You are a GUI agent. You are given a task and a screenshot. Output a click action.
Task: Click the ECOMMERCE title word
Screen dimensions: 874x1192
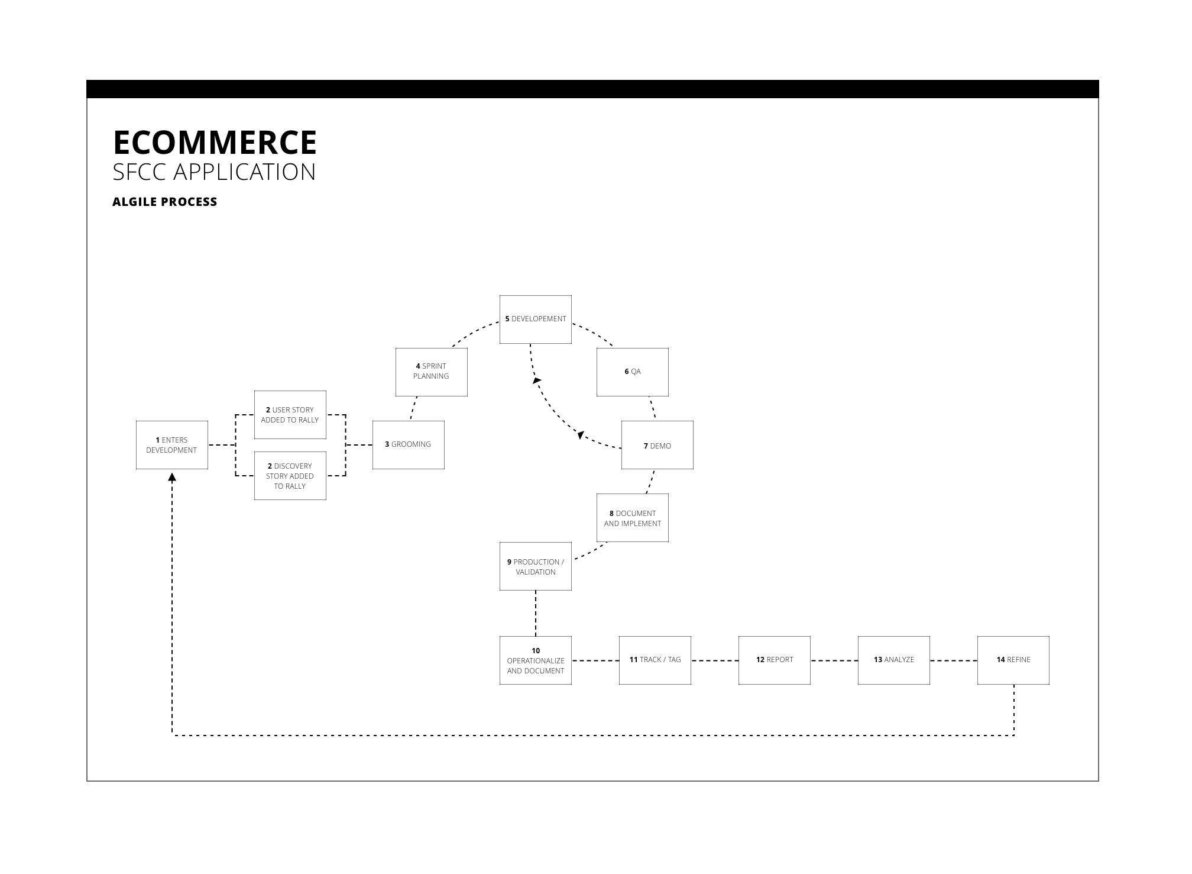[215, 143]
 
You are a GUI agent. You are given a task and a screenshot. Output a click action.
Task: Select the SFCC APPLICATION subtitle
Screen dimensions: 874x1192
[214, 172]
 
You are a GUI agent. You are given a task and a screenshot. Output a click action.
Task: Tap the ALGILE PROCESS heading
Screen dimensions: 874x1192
[165, 202]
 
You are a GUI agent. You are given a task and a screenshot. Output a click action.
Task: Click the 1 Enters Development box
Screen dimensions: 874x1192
[171, 445]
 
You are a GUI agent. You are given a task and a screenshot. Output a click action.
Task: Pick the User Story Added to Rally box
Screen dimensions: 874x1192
[290, 415]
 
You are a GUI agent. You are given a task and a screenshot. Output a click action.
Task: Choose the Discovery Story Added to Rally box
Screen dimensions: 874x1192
[290, 476]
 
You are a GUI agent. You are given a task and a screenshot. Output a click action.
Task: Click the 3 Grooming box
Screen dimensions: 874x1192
[408, 445]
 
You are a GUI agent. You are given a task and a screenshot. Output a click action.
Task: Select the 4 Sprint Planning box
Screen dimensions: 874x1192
[431, 372]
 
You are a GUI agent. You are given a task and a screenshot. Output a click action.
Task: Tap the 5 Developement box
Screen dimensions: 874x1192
[535, 319]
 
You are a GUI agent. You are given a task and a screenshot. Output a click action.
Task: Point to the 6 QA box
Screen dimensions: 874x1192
[632, 372]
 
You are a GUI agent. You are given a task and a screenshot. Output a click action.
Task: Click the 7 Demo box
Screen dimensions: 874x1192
[657, 446]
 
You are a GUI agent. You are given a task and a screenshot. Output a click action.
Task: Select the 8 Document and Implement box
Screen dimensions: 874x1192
[632, 518]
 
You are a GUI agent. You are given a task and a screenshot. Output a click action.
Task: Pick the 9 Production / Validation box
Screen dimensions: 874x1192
[535, 566]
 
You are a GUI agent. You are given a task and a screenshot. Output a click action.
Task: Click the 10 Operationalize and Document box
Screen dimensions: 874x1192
[535, 660]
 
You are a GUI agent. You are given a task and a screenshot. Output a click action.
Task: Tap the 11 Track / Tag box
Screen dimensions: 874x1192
[655, 660]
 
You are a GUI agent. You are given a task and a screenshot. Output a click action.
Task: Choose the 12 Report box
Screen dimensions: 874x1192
[774, 660]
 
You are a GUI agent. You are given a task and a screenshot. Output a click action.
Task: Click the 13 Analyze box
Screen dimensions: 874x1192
[893, 660]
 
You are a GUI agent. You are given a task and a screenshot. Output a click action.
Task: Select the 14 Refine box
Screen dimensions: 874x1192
[1013, 660]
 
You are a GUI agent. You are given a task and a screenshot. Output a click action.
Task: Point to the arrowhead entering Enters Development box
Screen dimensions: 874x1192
[172, 477]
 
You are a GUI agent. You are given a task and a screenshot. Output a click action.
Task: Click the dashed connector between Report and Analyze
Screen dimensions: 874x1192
[834, 660]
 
